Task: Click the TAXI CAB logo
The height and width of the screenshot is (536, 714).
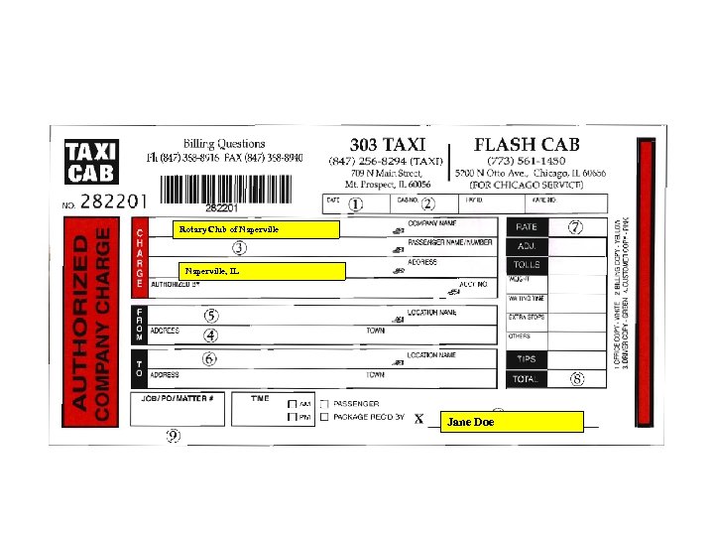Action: (x=90, y=161)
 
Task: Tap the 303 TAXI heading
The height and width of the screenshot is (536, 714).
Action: (x=388, y=144)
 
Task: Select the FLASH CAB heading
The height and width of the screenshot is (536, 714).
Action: (x=527, y=144)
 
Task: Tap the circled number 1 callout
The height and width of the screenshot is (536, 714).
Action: (x=356, y=204)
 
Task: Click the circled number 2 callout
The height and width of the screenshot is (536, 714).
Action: (x=427, y=204)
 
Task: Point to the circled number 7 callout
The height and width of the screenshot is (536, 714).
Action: (x=575, y=226)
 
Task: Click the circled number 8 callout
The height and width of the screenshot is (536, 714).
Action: (x=576, y=379)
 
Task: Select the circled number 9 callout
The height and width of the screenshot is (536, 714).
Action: (x=174, y=437)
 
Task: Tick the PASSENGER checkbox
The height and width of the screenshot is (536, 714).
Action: (x=324, y=404)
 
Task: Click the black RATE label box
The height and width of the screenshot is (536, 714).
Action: (x=527, y=227)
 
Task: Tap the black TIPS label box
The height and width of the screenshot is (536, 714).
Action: (x=527, y=359)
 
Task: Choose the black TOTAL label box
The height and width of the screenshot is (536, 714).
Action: (x=527, y=379)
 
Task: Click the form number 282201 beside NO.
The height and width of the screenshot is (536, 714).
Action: (x=113, y=201)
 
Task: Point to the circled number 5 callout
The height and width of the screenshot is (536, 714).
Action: (x=211, y=316)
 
